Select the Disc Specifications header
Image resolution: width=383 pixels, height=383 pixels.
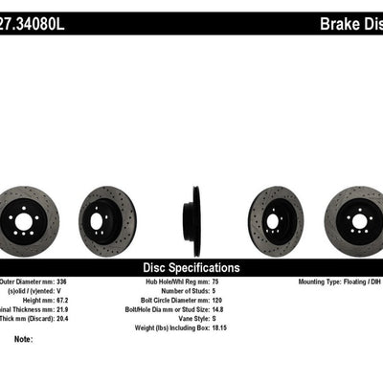[x=191, y=267]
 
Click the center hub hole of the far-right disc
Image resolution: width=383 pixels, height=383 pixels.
[x=360, y=221]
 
